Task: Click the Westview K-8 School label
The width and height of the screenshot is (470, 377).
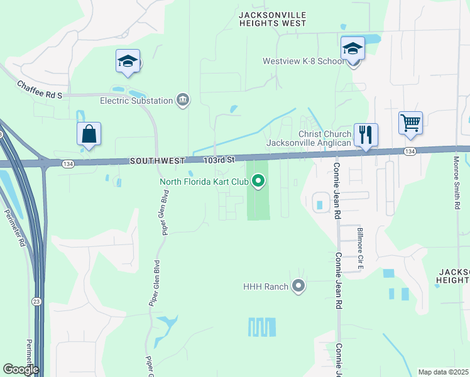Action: pos(303,62)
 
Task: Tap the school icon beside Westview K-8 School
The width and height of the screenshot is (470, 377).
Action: pos(352,48)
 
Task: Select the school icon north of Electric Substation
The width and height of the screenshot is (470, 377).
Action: pos(128,61)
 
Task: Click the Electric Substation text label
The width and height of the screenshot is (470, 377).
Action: pos(136,101)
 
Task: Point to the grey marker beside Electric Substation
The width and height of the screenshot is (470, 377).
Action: pos(183,99)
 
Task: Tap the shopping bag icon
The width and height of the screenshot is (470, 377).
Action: pos(89,134)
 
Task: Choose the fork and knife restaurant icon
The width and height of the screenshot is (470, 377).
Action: pos(366,134)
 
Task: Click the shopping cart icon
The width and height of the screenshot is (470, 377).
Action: pos(411,123)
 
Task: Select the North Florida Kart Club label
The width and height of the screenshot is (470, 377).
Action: pos(204,182)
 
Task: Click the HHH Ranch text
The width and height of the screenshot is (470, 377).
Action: pos(266,287)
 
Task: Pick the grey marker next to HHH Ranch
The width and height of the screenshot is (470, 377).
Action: pos(298,287)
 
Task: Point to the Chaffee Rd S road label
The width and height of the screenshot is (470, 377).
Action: pos(40,89)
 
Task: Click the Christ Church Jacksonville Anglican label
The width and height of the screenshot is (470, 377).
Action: pos(308,138)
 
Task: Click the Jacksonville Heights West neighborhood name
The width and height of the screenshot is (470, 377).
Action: pos(273,19)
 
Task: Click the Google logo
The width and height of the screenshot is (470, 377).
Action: pos(21,369)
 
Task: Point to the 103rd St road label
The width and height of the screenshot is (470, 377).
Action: pos(219,161)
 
